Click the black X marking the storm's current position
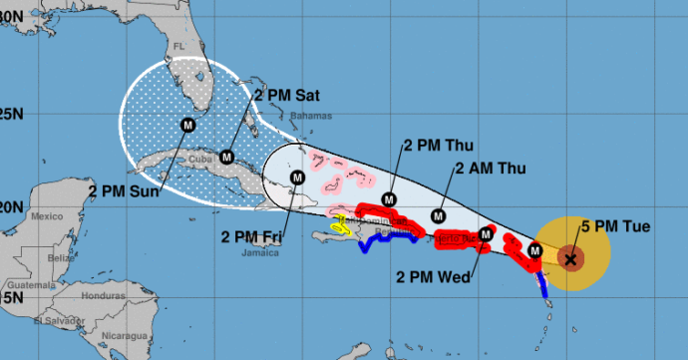570,259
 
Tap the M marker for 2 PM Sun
187,125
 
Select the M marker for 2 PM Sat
226,157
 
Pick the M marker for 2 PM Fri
296,178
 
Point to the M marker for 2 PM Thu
388,199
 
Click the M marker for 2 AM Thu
437,214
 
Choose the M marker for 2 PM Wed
486,234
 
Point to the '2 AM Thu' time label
488,169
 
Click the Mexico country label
47,215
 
